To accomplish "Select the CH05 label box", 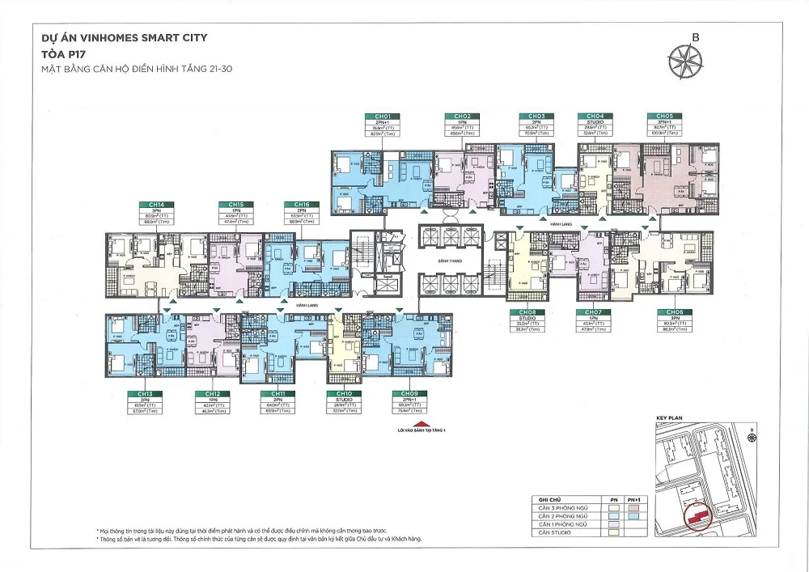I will click(x=665, y=117).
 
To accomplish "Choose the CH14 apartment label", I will click(x=151, y=205).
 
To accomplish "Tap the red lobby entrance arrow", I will click(x=417, y=423).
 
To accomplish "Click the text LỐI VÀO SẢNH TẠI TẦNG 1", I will click(x=417, y=432).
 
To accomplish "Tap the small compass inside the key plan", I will click(x=753, y=438).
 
